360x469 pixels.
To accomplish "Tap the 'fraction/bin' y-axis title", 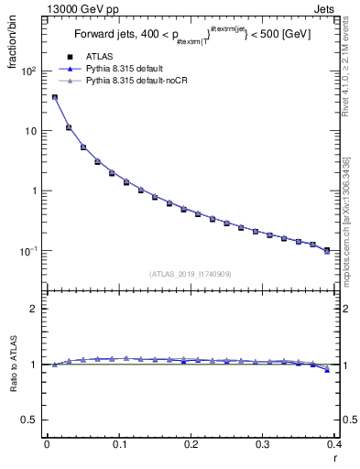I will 14,47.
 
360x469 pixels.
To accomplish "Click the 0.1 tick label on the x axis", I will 118,445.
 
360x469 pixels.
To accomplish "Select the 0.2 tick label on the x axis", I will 191,445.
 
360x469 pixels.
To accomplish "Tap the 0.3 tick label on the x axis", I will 263,445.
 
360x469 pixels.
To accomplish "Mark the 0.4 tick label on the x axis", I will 333,445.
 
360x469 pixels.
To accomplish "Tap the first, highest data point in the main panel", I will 54,97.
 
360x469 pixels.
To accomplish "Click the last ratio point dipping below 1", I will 327,370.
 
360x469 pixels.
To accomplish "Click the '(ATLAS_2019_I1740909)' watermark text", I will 191,274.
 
